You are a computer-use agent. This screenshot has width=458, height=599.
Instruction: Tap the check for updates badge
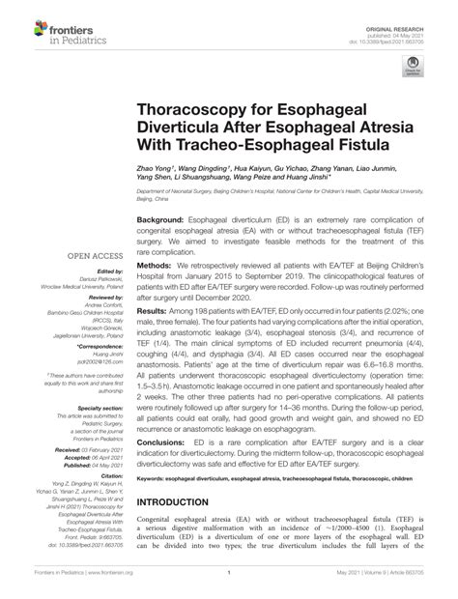point(414,68)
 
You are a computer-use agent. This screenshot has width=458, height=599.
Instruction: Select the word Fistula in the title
point(358,144)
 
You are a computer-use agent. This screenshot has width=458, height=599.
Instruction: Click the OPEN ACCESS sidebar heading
point(92,256)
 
